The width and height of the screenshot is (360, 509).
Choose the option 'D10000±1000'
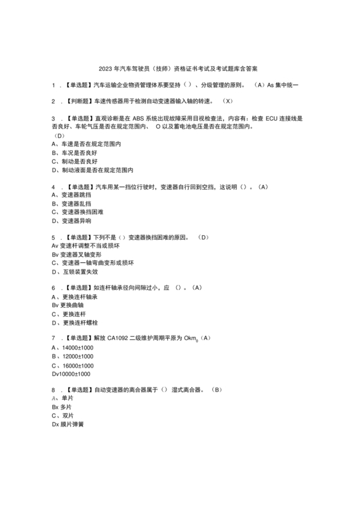pos(71,374)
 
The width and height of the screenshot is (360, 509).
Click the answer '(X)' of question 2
pos(227,102)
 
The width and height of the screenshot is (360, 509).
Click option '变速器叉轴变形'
pos(80,254)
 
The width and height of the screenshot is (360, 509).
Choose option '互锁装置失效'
pos(79,271)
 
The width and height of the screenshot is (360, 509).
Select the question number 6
pos(53,288)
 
